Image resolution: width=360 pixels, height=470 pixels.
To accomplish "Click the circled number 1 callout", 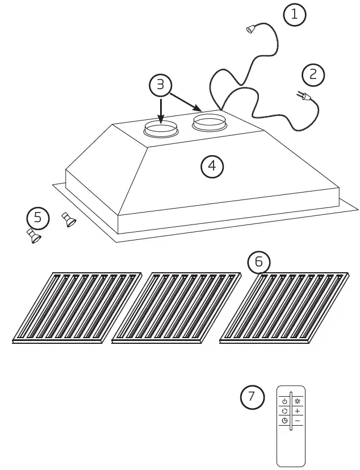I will (x=294, y=15).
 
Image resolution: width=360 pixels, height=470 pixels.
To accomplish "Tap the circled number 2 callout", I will (x=313, y=74).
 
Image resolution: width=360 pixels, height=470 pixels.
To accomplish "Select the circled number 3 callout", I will (x=160, y=85).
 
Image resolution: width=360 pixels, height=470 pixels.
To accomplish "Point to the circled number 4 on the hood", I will (x=212, y=166).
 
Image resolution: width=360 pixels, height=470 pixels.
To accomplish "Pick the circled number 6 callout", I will (x=259, y=261).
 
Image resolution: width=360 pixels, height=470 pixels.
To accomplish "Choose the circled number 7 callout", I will (x=252, y=397).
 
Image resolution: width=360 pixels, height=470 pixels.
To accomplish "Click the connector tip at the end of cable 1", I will (x=250, y=30).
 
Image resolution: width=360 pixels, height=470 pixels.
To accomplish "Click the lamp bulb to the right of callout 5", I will (x=69, y=219).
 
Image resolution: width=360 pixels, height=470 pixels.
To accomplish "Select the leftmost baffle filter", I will (x=77, y=307).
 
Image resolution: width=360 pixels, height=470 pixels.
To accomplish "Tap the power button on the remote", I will (x=284, y=401).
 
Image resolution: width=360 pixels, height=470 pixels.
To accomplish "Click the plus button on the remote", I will (x=298, y=411).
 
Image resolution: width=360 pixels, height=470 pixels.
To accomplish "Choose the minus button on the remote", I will (x=298, y=421).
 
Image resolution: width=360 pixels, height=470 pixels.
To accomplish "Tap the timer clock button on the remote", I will (x=284, y=421).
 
